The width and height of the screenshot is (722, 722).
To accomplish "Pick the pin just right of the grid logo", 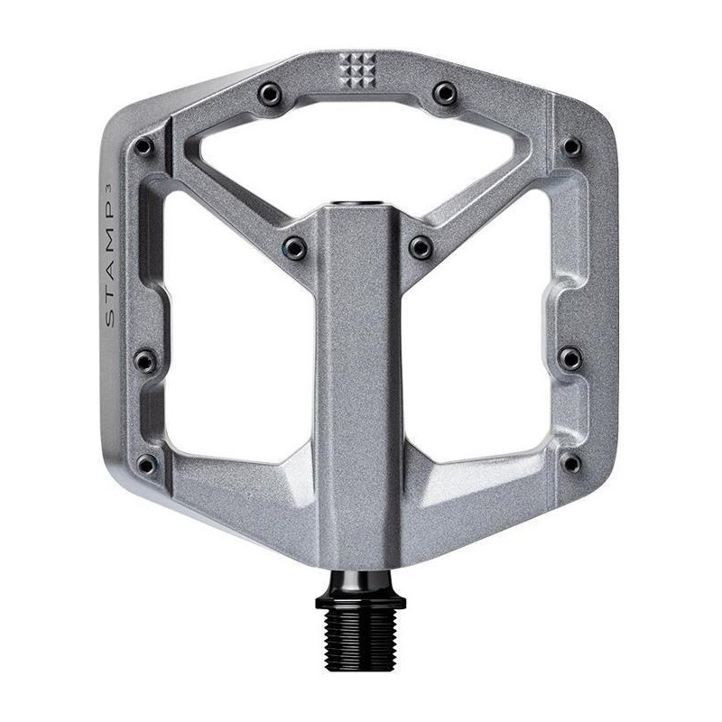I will coord(444,91).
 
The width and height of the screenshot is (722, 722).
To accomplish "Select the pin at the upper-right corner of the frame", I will coord(572,146).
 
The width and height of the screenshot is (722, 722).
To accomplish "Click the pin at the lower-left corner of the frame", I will coord(144,466).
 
